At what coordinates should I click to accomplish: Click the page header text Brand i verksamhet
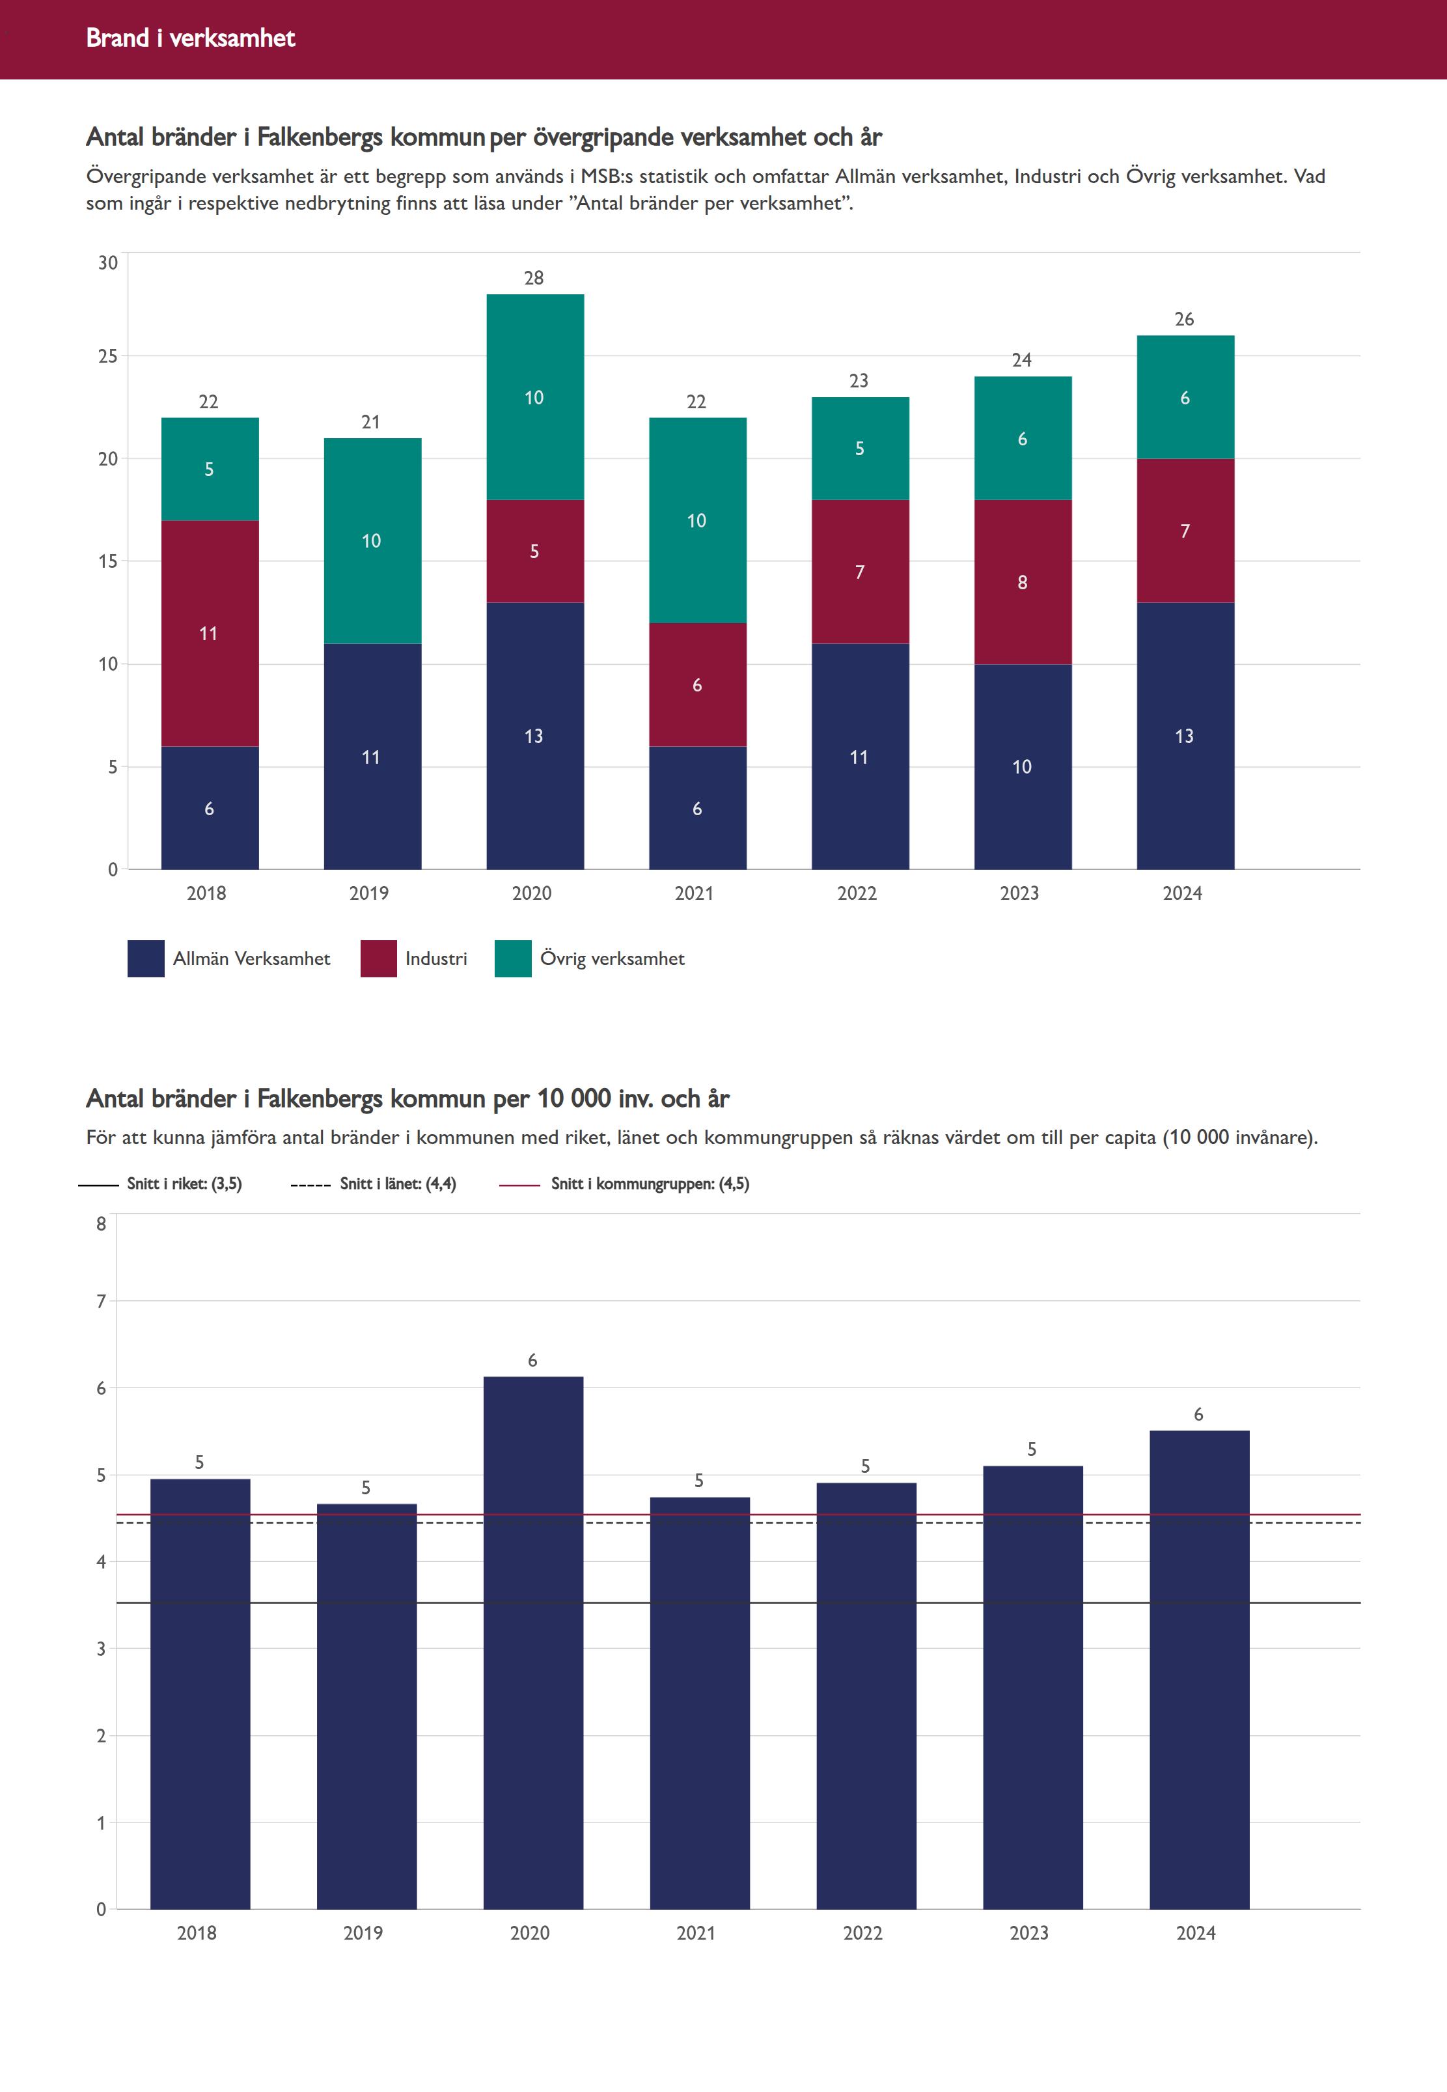click(190, 38)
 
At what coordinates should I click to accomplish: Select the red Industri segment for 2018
click(210, 633)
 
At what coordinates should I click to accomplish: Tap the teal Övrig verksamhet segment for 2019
click(372, 540)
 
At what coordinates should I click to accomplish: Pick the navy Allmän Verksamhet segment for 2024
click(1185, 735)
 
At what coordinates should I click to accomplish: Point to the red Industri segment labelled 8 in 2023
click(1023, 582)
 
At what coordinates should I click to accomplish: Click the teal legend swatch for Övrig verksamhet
click(512, 958)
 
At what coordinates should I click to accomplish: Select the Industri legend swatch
click(378, 958)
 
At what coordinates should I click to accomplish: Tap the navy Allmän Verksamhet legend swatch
click(146, 958)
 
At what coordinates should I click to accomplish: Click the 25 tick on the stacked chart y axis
click(108, 356)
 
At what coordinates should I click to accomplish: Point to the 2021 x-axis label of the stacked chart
click(695, 893)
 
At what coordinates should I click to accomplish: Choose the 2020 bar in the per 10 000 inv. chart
click(533, 1641)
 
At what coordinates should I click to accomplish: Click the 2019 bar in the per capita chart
click(366, 1705)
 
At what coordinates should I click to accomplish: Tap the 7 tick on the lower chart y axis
click(102, 1302)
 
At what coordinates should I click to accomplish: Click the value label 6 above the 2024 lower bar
click(1198, 1415)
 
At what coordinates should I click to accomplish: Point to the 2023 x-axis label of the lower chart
click(1029, 1932)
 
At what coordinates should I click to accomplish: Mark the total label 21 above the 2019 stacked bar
click(371, 422)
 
